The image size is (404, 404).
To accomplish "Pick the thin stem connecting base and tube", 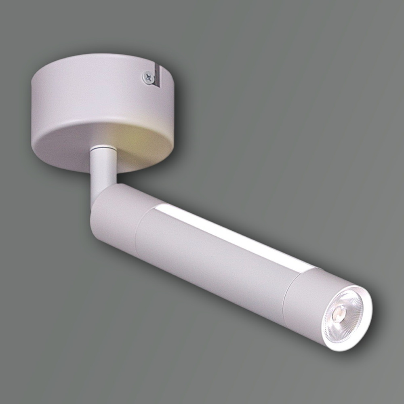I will pyautogui.click(x=102, y=174).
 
